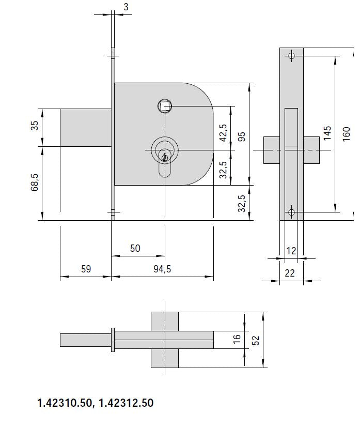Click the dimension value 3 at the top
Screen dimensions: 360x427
coord(126,7)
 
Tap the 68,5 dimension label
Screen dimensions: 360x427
coord(35,182)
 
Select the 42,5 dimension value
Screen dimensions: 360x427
coord(223,133)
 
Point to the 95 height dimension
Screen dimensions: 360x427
coord(242,136)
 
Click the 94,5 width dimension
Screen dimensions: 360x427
coord(162,269)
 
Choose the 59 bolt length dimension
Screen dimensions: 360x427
coord(86,269)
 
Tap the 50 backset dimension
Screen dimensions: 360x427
coord(135,248)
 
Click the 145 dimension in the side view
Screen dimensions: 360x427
coord(327,133)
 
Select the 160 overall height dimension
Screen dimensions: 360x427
coord(347,134)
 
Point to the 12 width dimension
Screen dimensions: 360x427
coord(291,251)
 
